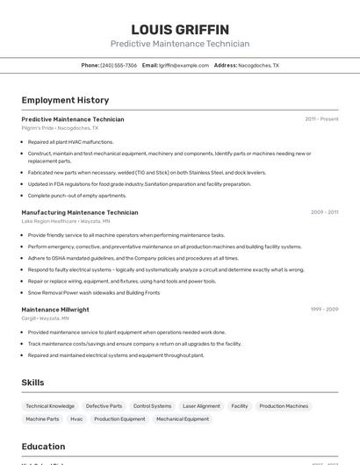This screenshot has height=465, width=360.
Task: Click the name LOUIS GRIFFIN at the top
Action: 180,30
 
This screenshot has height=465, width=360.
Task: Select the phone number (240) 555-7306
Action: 119,65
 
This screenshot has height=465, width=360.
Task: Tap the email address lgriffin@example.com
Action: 184,65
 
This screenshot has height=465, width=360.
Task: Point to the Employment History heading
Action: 65,100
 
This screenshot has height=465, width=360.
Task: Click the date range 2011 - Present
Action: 321,119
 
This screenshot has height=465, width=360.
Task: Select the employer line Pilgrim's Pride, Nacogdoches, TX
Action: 60,128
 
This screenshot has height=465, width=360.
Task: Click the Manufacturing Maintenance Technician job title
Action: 80,212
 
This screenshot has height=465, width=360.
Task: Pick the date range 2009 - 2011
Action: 324,212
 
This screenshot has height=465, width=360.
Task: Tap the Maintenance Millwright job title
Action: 55,310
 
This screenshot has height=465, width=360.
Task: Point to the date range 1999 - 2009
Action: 324,310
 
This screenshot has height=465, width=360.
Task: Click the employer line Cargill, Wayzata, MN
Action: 46,318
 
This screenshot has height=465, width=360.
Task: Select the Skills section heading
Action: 32,383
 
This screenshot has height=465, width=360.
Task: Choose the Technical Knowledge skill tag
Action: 50,406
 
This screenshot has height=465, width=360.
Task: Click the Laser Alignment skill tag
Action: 201,406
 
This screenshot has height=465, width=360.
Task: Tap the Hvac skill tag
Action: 76,419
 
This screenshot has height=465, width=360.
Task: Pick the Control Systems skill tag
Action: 153,406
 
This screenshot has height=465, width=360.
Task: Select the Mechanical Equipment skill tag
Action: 183,419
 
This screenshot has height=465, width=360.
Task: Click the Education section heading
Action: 43,447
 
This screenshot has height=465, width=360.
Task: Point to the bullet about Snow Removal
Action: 94,292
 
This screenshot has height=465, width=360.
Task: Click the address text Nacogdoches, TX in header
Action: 259,65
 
